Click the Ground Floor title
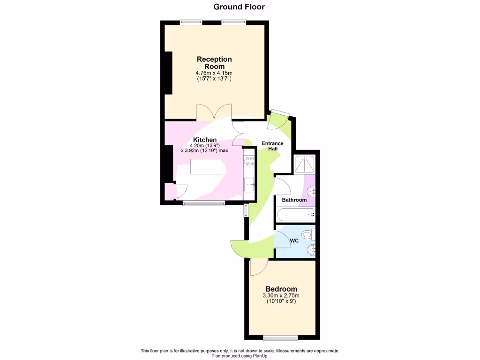click(x=239, y=7)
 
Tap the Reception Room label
click(x=214, y=63)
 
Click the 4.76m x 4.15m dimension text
click(x=214, y=73)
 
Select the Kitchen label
click(x=205, y=140)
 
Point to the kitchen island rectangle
click(x=206, y=166)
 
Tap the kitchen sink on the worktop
click(x=249, y=184)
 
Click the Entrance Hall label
click(x=272, y=146)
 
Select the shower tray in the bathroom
click(x=304, y=164)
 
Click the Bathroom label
click(x=294, y=200)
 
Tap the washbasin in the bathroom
click(x=311, y=190)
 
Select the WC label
click(x=294, y=241)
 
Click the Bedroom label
click(x=281, y=289)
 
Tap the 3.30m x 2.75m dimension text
click(x=281, y=296)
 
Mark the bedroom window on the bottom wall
click(x=280, y=337)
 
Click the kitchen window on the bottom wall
click(x=203, y=203)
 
